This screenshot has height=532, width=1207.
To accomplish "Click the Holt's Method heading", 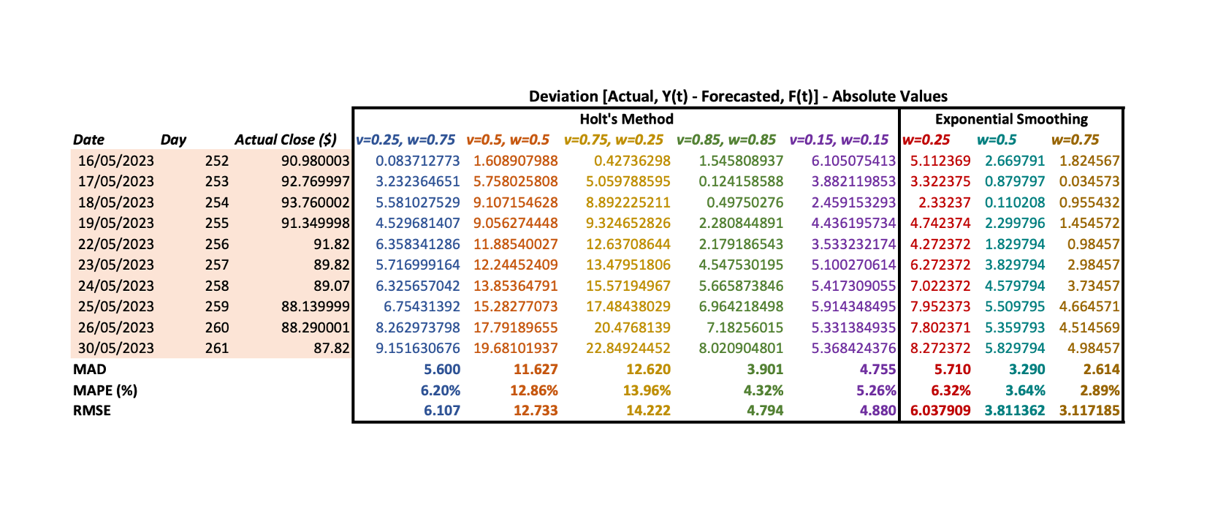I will (x=626, y=119).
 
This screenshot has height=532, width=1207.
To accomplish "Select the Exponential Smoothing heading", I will (x=1011, y=119).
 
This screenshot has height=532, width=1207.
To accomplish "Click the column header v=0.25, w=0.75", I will (x=405, y=140).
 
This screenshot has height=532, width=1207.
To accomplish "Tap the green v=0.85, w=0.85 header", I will (x=726, y=140).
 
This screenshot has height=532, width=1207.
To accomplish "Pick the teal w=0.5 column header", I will (x=997, y=140).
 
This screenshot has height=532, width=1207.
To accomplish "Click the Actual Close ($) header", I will (x=285, y=140).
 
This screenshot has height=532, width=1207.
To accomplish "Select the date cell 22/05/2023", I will (x=116, y=244).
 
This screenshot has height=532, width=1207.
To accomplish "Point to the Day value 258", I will (x=216, y=286).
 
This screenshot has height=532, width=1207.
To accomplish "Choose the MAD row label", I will (x=90, y=369).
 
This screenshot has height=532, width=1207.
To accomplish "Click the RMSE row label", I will (x=92, y=411).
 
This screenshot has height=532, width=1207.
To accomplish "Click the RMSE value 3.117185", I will (x=1089, y=411).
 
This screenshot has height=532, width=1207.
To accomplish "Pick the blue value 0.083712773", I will (x=418, y=161).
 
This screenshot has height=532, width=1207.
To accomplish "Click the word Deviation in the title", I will (x=563, y=96).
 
